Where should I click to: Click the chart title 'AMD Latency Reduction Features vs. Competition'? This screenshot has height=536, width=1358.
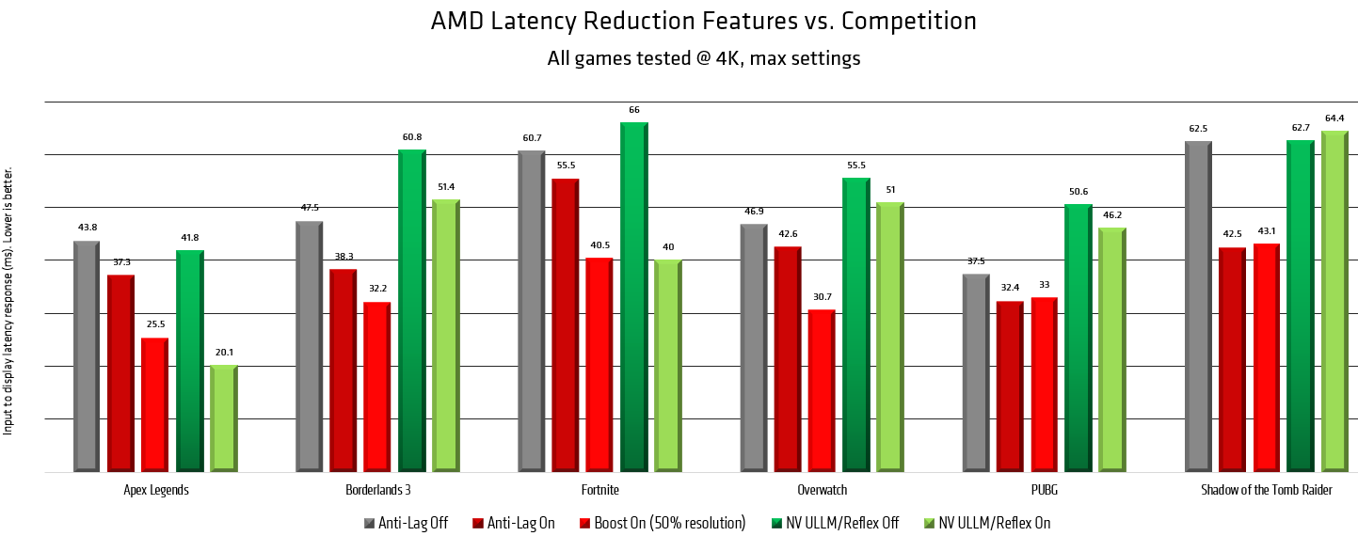pos(703,21)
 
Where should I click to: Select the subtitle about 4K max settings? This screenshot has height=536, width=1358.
pos(703,58)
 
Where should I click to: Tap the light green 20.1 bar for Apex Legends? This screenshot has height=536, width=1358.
pos(223,418)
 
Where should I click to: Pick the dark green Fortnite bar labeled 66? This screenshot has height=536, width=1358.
pos(633,296)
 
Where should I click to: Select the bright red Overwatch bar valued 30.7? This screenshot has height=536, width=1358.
pos(822,390)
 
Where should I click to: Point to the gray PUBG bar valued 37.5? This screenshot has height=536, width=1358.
pos(976,372)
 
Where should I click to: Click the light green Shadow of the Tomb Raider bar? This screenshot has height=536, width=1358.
pos(1334,301)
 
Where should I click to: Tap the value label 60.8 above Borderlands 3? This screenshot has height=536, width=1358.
pos(412,137)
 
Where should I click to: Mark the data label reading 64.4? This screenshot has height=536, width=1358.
pos(1334,118)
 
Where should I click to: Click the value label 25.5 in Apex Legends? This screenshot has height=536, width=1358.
pos(155,324)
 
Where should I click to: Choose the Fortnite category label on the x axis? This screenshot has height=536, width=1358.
pos(600,490)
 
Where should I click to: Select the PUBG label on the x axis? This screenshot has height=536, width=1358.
pos(1045,490)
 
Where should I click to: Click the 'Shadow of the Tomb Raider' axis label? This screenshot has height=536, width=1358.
pos(1267,490)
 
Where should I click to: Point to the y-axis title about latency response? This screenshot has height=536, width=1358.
pos(8,301)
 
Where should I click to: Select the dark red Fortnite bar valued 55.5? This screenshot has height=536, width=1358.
pos(565,324)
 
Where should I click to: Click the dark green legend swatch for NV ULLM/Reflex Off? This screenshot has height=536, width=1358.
pos(776,523)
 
